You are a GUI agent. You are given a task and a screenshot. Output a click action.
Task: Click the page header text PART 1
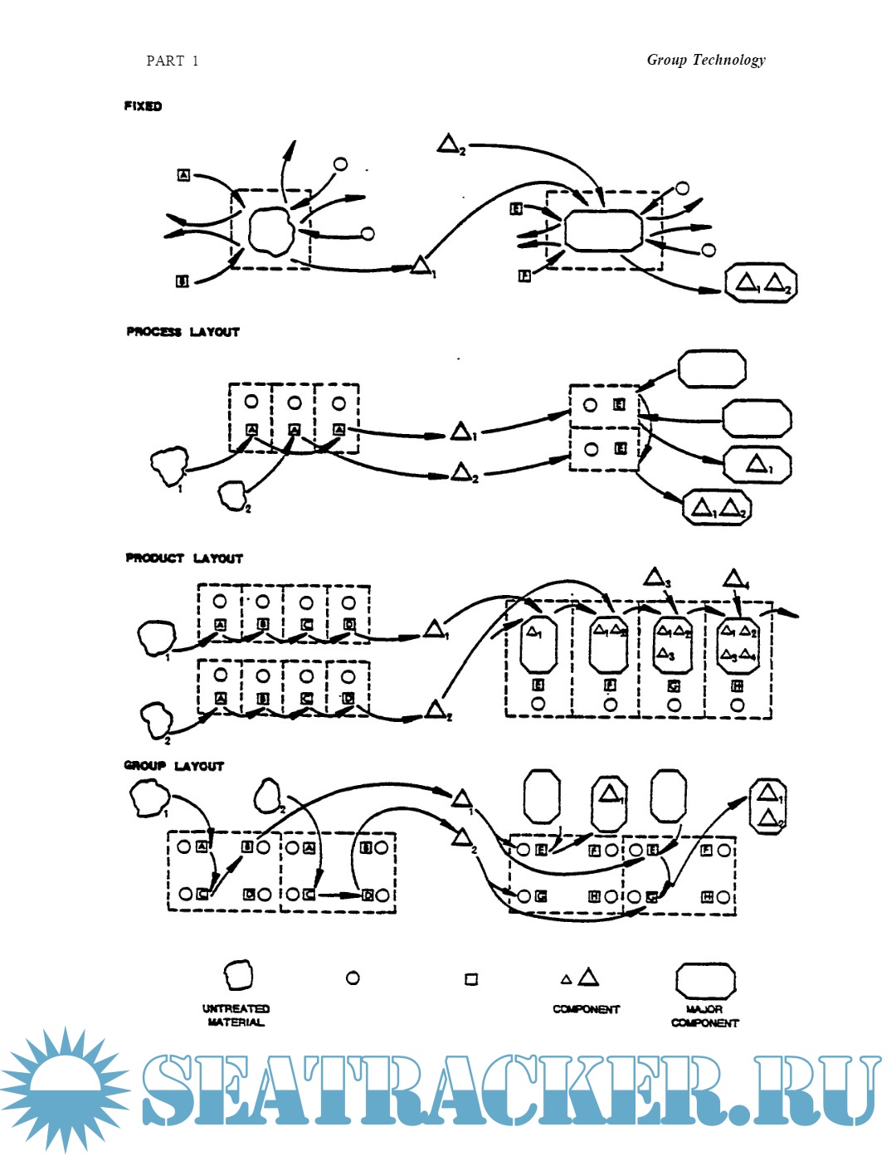[172, 61]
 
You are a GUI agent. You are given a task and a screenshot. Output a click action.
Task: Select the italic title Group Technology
[706, 60]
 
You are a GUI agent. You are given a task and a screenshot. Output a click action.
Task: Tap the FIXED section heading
[143, 106]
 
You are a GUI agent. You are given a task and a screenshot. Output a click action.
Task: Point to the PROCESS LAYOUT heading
[183, 332]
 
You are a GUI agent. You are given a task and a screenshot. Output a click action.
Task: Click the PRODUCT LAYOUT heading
[184, 558]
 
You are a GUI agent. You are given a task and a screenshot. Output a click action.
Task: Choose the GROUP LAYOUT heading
[174, 766]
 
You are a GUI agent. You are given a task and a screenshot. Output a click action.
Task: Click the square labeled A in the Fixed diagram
[184, 175]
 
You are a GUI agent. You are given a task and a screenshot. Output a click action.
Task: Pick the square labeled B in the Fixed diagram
[183, 281]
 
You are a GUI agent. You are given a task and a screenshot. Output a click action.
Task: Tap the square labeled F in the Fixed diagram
[524, 276]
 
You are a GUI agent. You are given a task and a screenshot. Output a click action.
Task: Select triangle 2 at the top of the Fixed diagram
[449, 144]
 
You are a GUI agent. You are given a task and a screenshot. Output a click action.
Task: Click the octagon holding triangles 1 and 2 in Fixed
[761, 283]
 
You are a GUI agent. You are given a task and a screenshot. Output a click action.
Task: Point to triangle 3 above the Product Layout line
[655, 577]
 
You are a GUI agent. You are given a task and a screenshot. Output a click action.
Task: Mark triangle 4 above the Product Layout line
[733, 578]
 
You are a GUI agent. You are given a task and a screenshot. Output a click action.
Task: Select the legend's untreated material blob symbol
[238, 976]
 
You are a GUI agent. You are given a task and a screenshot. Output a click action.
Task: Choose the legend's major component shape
[705, 980]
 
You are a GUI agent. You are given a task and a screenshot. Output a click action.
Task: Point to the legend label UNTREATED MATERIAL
[236, 1016]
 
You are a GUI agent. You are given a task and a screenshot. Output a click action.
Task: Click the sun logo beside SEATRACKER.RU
[64, 1089]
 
